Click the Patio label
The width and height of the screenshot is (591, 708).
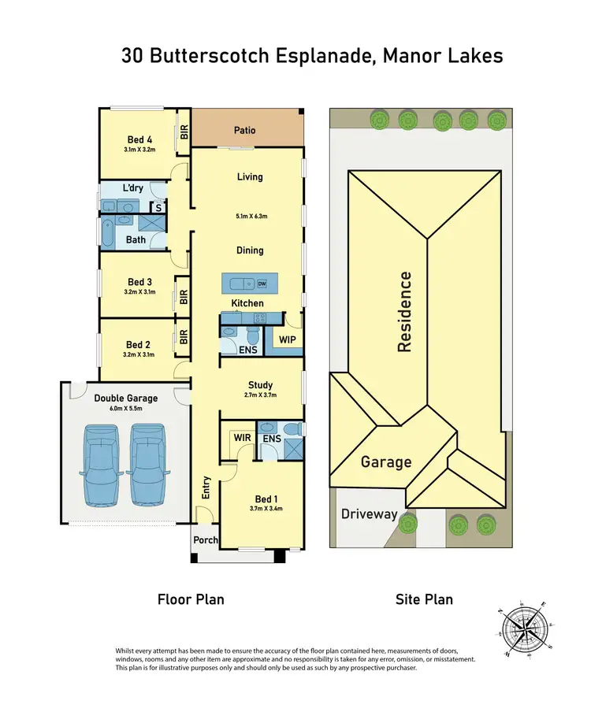pos(245,130)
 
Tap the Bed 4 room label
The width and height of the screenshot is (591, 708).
pos(139,139)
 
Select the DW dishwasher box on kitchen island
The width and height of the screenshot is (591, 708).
pos(262,284)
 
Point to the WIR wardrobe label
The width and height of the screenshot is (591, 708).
pos(240,438)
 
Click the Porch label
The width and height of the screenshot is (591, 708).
pos(206,540)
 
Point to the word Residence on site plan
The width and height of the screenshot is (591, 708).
pos(405,311)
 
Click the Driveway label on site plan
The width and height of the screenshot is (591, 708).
pos(370,514)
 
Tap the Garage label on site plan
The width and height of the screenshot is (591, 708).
pos(386,461)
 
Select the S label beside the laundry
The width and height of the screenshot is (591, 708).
pos(158,208)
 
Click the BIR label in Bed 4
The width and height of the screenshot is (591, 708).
pos(184,132)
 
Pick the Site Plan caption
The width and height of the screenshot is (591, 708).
pos(424,599)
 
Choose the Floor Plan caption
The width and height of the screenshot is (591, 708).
pos(191,599)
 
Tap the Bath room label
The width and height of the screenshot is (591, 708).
pos(136,239)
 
